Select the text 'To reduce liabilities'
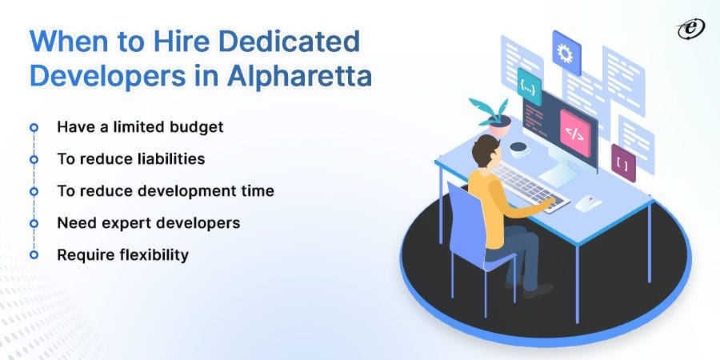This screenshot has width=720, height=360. pyautogui.click(x=130, y=158)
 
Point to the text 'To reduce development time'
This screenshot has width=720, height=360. pyautogui.click(x=165, y=190)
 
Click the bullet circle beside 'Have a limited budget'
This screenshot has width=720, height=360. pyautogui.click(x=34, y=126)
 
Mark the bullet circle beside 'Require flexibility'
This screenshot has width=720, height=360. pyautogui.click(x=34, y=254)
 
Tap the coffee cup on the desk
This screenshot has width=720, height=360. pyautogui.click(x=518, y=149)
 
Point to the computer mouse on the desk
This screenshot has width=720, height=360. pyautogui.click(x=589, y=202)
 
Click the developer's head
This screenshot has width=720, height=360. pyautogui.click(x=486, y=150)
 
